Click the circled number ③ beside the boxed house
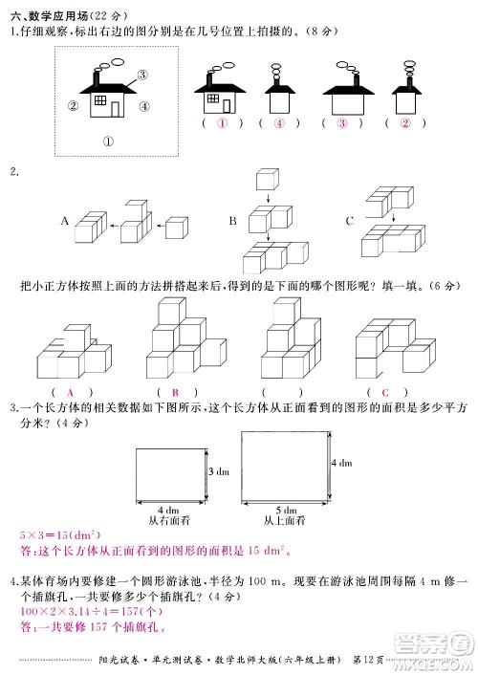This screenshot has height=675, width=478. click(141, 75)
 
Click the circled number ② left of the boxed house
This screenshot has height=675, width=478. click(73, 106)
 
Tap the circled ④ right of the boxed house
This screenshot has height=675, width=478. click(144, 106)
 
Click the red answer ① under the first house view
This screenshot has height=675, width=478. click(222, 123)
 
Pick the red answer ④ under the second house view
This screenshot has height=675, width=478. click(279, 123)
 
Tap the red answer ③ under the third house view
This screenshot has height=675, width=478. click(340, 123)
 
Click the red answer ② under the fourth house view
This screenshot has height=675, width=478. click(404, 123)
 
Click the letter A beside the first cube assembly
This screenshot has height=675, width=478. click(64, 221)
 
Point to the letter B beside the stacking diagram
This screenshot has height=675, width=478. click(232, 221)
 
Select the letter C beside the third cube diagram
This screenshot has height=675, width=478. click(351, 221)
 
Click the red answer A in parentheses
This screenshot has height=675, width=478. click(70, 392)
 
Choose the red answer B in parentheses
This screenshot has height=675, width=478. click(175, 392)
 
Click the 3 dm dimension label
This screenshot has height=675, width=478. click(218, 472)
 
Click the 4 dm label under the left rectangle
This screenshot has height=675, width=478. click(168, 510)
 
